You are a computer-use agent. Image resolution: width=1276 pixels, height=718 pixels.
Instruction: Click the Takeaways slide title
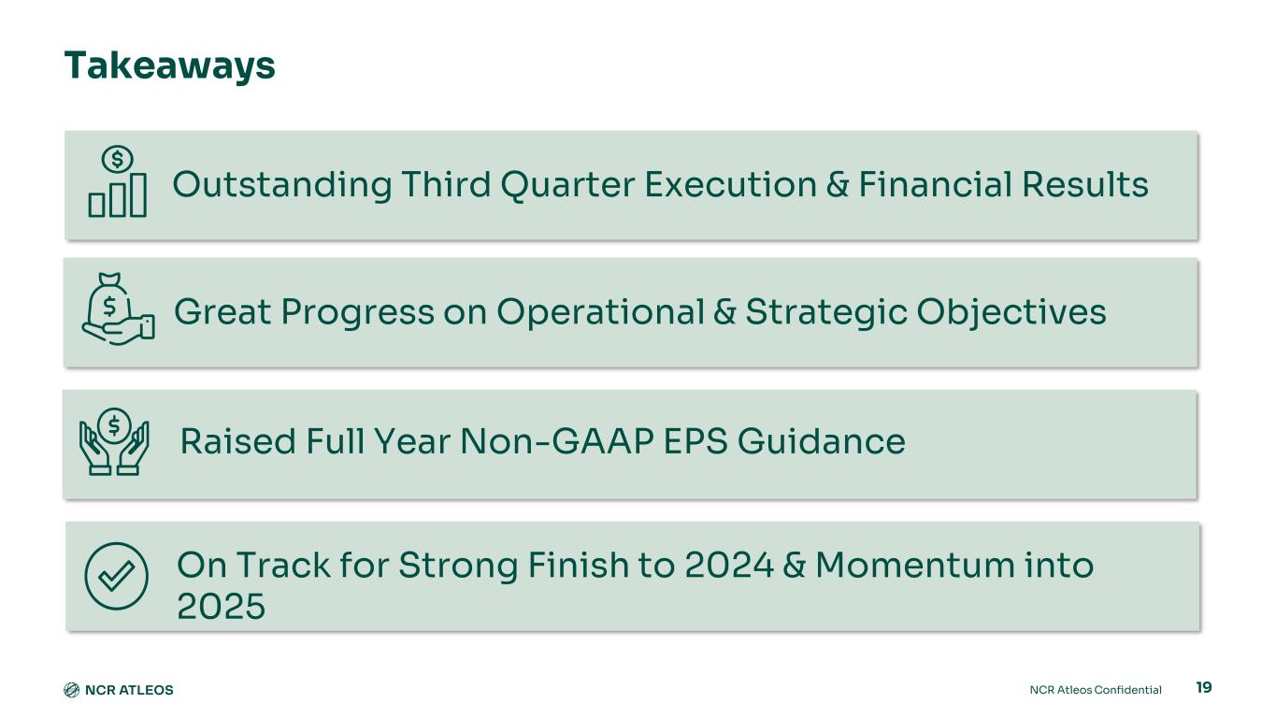[x=170, y=66]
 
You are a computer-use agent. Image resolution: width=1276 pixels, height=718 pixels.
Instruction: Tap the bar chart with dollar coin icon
[x=118, y=181]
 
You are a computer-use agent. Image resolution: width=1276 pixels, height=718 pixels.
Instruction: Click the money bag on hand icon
[x=118, y=309]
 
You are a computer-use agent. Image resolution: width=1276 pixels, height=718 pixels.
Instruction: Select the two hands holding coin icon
[x=114, y=441]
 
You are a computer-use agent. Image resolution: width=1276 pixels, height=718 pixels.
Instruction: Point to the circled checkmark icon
[x=116, y=576]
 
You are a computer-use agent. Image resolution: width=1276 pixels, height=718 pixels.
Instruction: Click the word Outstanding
[x=282, y=186]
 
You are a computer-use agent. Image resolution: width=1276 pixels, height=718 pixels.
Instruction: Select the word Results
[x=1084, y=184]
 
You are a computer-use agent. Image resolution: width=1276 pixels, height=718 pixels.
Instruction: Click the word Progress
[x=357, y=313]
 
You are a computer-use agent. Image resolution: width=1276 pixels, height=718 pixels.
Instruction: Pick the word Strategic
[x=826, y=313]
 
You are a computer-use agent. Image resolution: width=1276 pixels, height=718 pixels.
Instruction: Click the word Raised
[x=238, y=441]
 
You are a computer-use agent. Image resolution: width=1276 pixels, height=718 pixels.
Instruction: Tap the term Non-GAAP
[x=557, y=441]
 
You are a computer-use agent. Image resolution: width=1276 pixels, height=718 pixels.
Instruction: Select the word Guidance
[x=821, y=441]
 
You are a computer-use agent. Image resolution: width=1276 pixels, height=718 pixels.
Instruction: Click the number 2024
[x=728, y=566]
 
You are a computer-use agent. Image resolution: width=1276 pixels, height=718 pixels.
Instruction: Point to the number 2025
[x=221, y=606]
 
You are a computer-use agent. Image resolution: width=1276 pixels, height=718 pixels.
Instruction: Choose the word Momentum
[x=915, y=566]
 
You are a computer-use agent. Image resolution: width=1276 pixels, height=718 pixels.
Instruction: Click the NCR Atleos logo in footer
[x=119, y=690]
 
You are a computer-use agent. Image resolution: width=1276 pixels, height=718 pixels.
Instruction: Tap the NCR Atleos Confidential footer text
[x=1096, y=690]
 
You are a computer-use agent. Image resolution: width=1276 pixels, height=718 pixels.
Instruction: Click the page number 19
[x=1204, y=687]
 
